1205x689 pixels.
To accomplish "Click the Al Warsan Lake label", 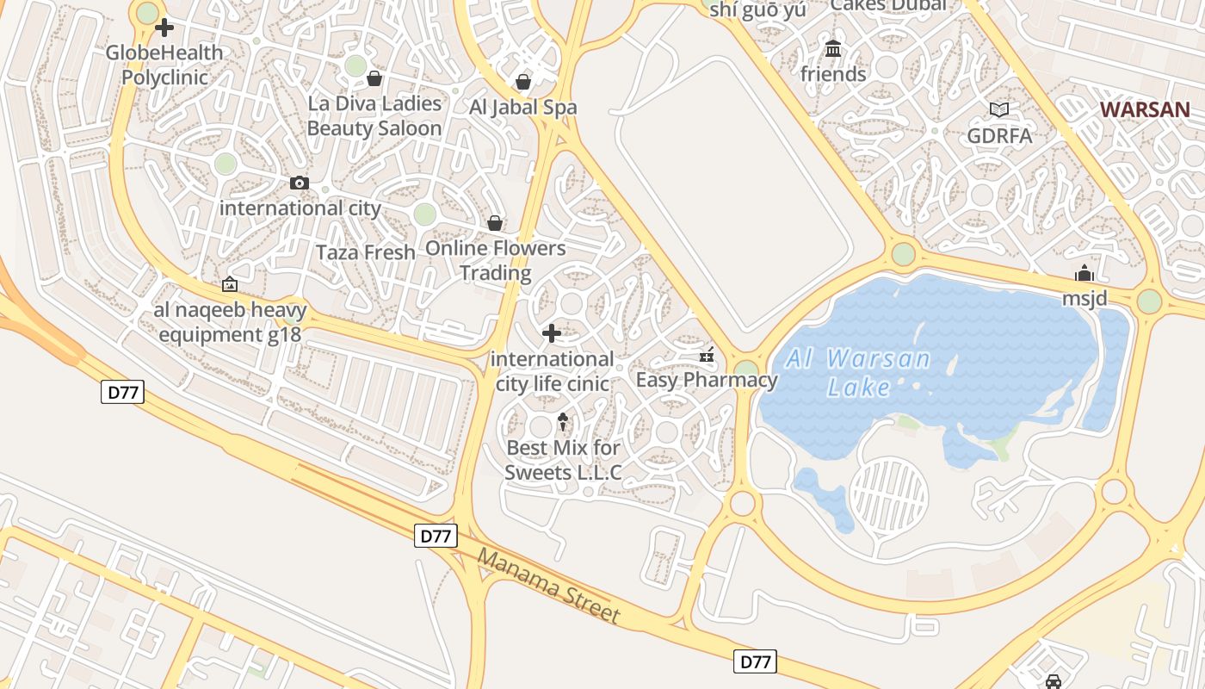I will [x=858, y=373].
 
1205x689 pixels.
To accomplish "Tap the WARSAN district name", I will [x=1146, y=109].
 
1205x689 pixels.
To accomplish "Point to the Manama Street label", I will [x=548, y=586].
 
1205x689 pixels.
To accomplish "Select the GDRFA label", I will [x=999, y=135].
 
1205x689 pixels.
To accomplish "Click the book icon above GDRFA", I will [x=999, y=109].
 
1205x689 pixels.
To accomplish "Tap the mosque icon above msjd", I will [x=1084, y=274].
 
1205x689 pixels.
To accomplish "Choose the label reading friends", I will [x=833, y=74].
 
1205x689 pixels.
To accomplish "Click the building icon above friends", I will [x=833, y=49].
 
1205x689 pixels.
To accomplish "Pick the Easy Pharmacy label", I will [x=706, y=380].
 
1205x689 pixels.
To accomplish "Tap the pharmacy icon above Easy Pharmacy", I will [x=707, y=354].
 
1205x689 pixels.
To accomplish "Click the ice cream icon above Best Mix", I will [x=563, y=421].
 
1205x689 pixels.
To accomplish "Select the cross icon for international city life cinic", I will [x=552, y=332].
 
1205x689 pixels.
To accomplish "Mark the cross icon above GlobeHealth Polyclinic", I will [x=164, y=28].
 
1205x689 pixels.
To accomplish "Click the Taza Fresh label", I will [x=366, y=252].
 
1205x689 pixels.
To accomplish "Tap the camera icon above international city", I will [x=300, y=183].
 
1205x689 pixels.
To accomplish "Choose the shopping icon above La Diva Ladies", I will [x=374, y=79].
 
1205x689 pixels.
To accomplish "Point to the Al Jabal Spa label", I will [x=522, y=108].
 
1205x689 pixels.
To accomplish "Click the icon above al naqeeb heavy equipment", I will [x=230, y=284].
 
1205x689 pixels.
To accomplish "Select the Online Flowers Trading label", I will [x=496, y=260].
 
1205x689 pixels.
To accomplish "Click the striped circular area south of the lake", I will [x=888, y=496].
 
